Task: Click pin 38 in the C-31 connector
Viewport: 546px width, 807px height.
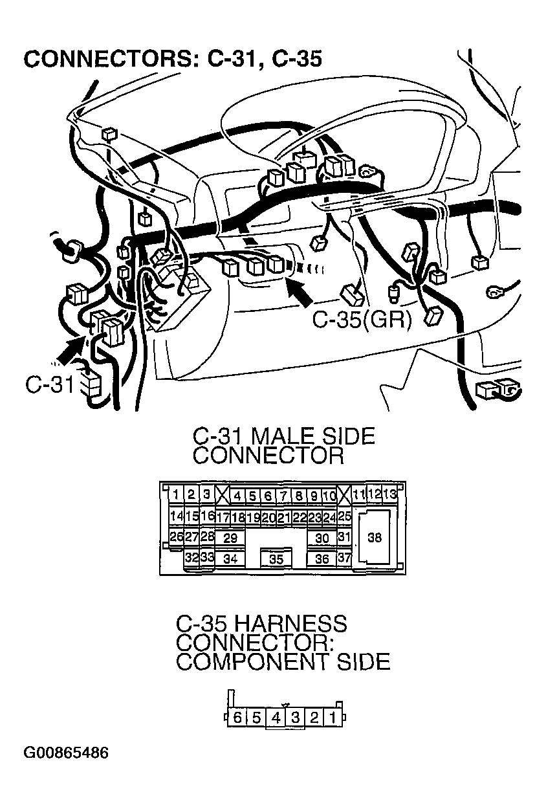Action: coord(374,537)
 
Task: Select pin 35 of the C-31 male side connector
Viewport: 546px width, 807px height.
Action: coord(276,559)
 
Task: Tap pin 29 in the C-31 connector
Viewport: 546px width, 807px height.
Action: coord(230,538)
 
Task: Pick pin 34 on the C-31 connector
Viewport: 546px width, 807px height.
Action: coord(230,558)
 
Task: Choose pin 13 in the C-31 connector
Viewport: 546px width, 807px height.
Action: coord(389,494)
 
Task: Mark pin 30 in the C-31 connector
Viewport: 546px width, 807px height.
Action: coord(322,538)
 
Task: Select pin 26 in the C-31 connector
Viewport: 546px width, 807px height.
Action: coord(175,536)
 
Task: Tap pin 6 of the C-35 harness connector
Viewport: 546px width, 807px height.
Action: coord(237,717)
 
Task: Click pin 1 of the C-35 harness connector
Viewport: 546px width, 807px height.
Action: coord(333,717)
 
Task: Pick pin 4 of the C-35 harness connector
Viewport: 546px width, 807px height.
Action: coord(276,717)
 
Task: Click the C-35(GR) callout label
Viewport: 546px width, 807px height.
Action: coord(362,319)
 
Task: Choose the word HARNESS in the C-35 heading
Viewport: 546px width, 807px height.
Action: coord(289,624)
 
